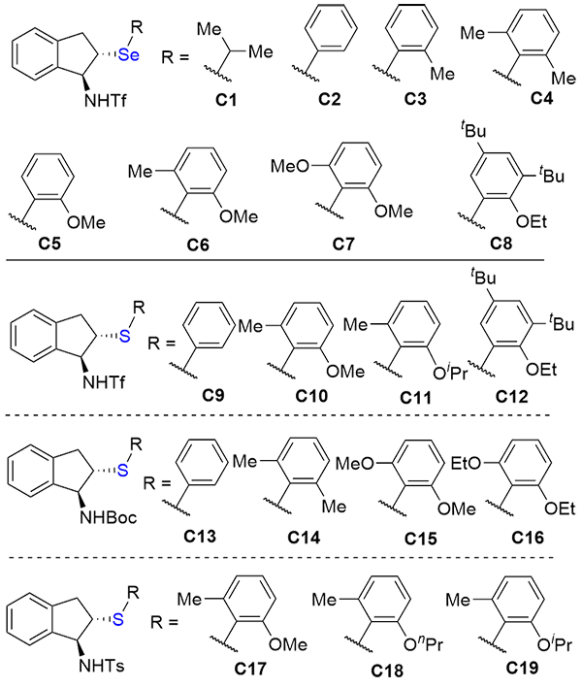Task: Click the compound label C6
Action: pyautogui.click(x=199, y=245)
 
